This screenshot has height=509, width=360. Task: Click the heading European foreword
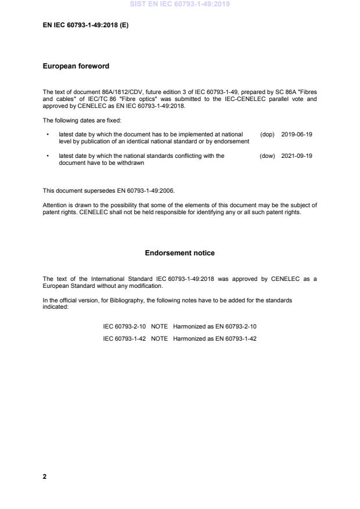click(76, 66)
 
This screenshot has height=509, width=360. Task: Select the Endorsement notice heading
click(179, 253)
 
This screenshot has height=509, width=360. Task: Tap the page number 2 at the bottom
click(45, 476)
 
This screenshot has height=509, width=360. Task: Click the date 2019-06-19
click(296, 134)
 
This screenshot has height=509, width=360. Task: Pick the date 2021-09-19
click(296, 156)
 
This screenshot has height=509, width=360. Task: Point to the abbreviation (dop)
click(267, 134)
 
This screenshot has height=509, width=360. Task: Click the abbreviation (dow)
click(267, 156)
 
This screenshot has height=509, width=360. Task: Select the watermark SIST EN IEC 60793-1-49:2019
click(180, 4)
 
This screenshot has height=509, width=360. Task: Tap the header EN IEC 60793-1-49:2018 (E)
click(86, 26)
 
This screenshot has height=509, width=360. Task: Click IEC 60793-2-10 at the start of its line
click(124, 327)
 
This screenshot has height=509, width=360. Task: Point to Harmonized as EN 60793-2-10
click(214, 327)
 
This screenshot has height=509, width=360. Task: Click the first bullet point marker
click(46, 134)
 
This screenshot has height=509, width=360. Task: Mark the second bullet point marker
click(46, 156)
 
